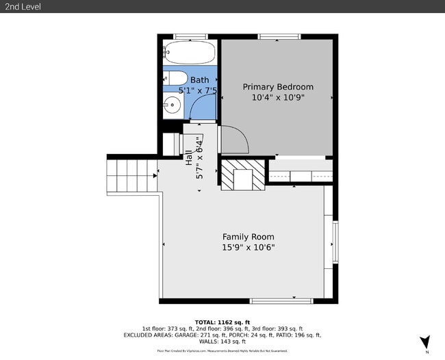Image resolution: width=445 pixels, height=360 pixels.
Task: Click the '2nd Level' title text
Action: click(22, 7)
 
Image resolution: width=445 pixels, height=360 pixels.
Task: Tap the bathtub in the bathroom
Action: click(190, 51)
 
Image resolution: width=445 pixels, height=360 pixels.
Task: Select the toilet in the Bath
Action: click(176, 79)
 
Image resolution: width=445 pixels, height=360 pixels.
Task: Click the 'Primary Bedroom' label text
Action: click(278, 87)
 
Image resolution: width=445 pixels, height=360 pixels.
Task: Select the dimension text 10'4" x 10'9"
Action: click(278, 97)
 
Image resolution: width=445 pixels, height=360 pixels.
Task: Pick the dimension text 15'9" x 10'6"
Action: click(248, 247)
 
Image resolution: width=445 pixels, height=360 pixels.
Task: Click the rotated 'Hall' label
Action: click(189, 157)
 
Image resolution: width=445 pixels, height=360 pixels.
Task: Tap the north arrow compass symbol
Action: click(425, 342)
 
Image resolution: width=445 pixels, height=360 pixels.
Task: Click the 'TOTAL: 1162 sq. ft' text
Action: click(222, 322)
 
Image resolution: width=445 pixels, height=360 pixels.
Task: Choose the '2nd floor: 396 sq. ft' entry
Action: click(222, 329)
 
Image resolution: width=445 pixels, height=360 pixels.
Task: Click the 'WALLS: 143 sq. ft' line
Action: click(222, 342)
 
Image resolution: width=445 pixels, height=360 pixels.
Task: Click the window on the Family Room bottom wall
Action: click(281, 300)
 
